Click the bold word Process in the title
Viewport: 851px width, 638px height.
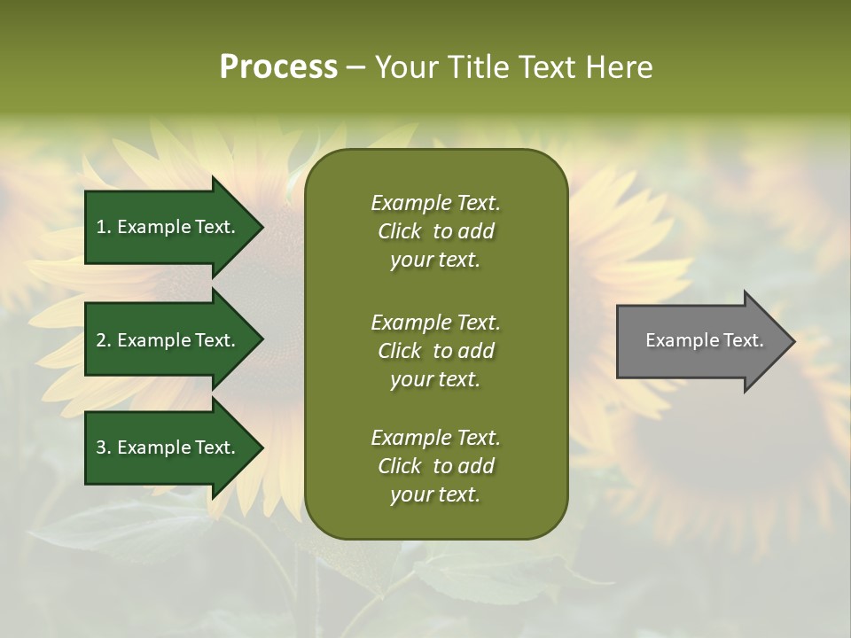pyautogui.click(x=278, y=66)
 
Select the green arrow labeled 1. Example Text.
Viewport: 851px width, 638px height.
pyautogui.click(x=168, y=227)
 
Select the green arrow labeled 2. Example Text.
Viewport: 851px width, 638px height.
pyautogui.click(x=168, y=340)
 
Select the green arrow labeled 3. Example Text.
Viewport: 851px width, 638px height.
pyautogui.click(x=168, y=447)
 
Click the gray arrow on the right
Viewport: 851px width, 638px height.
pyautogui.click(x=700, y=341)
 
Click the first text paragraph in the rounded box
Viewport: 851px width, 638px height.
pyautogui.click(x=435, y=231)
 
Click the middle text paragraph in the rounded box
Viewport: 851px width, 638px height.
pyautogui.click(x=435, y=351)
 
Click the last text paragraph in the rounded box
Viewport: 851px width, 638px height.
pyautogui.click(x=435, y=466)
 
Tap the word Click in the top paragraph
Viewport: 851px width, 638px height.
pyautogui.click(x=399, y=231)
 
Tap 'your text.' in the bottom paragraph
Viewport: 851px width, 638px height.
pyautogui.click(x=435, y=494)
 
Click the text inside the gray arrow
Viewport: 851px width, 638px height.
pyautogui.click(x=704, y=340)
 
